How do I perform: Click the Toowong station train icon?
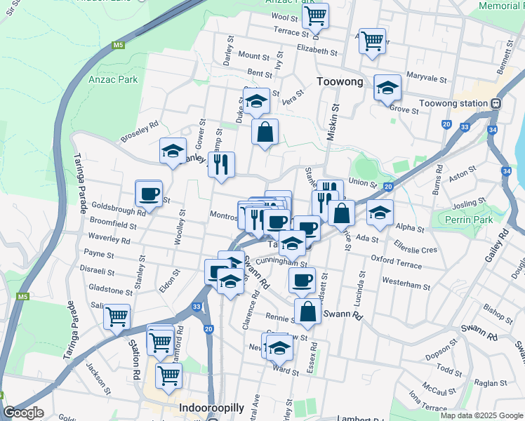496,103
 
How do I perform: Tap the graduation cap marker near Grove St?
387,88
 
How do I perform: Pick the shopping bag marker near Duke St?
265,131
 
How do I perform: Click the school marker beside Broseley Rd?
173,150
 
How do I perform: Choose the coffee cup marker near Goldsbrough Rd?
149,193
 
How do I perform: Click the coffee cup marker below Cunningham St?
302,280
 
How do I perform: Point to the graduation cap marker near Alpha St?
380,213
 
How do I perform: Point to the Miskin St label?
335,119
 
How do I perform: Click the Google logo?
23,413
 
